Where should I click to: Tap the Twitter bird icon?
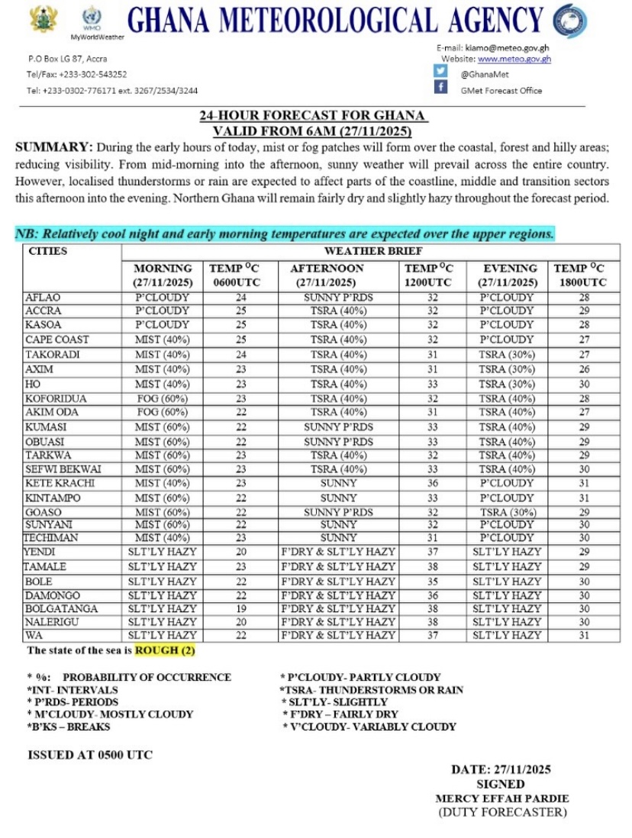click(440, 71)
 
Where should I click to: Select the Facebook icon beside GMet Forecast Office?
click(440, 88)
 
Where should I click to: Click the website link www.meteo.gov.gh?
click(514, 59)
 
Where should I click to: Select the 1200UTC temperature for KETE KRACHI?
click(432, 483)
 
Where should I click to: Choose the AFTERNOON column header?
click(327, 269)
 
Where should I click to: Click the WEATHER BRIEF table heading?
click(372, 251)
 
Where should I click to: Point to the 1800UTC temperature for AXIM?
click(579, 369)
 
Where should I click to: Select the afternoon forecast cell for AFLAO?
click(338, 297)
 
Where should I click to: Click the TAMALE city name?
click(45, 567)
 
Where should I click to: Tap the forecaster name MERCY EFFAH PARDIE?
click(501, 798)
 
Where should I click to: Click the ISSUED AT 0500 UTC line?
click(90, 755)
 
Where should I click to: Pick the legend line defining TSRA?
click(371, 690)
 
